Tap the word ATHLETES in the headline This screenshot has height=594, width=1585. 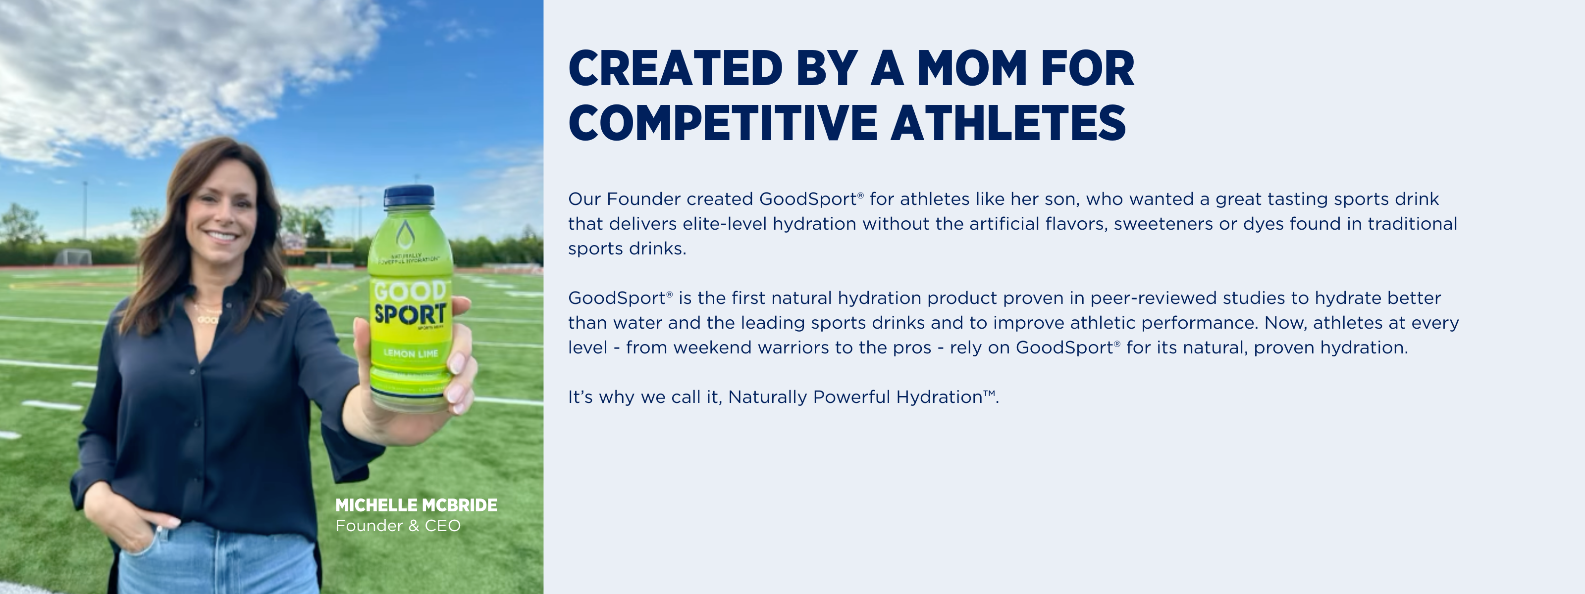pyautogui.click(x=1008, y=122)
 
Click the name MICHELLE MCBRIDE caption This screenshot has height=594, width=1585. pyautogui.click(x=416, y=505)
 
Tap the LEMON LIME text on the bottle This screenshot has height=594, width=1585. pyautogui.click(x=411, y=353)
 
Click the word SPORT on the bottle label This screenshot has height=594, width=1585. pyautogui.click(x=410, y=314)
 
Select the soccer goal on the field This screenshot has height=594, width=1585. pyautogui.click(x=73, y=257)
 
